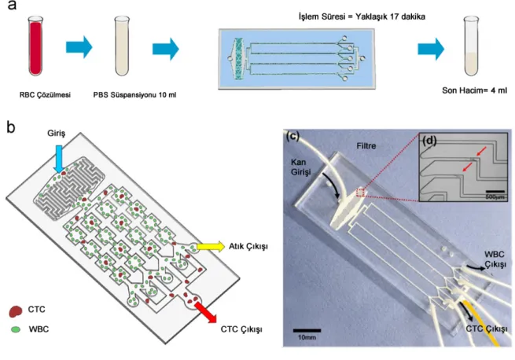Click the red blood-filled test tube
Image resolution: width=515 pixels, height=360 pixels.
(x=35, y=46)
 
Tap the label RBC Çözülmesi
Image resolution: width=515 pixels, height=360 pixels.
(x=45, y=95)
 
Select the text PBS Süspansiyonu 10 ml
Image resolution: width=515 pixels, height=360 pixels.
(x=134, y=95)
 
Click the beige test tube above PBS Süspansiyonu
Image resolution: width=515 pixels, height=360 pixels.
(x=122, y=46)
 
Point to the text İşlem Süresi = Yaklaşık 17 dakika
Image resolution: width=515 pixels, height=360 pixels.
(x=362, y=17)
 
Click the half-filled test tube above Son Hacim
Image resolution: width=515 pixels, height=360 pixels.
(x=471, y=46)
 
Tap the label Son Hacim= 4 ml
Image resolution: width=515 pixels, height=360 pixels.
(x=474, y=90)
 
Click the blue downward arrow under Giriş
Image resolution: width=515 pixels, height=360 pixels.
(x=59, y=159)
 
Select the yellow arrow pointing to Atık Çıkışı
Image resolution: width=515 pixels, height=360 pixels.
(x=211, y=246)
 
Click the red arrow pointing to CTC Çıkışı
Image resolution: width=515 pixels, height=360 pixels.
(x=205, y=312)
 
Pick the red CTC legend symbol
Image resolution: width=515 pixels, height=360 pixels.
(x=16, y=310)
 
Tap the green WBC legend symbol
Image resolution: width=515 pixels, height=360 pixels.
(x=16, y=329)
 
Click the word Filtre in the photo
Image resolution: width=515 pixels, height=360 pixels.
(x=366, y=146)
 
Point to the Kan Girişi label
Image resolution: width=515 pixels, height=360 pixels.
(x=300, y=167)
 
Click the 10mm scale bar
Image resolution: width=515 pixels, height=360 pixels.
(x=307, y=330)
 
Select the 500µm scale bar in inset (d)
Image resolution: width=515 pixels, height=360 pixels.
(x=495, y=191)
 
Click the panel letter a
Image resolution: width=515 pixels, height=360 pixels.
(x=12, y=5)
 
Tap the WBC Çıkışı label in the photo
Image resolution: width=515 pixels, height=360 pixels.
(x=495, y=259)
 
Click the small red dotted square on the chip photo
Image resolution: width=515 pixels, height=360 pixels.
(x=361, y=192)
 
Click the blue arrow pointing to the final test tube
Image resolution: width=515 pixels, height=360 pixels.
(x=431, y=49)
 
